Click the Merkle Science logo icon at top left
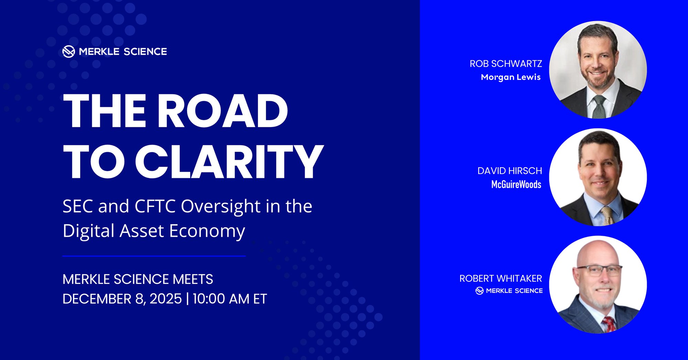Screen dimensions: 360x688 tap(68, 52)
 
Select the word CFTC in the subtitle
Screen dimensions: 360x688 tap(155, 207)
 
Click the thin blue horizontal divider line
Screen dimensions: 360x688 tap(154, 256)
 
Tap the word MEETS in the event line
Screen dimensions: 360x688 tap(193, 279)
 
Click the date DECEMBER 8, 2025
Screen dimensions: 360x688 tap(122, 299)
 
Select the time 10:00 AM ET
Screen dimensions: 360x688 tap(230, 299)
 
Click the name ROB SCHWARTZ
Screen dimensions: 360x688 tap(506, 64)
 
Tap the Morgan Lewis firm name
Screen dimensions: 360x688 tap(510, 77)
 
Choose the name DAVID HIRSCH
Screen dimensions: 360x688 tap(509, 171)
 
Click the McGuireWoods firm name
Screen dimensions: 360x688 tap(516, 184)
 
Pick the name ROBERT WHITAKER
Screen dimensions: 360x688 tap(501, 278)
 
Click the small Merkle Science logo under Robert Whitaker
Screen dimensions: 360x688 tap(480, 291)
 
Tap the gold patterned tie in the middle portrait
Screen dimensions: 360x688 tap(607, 216)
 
